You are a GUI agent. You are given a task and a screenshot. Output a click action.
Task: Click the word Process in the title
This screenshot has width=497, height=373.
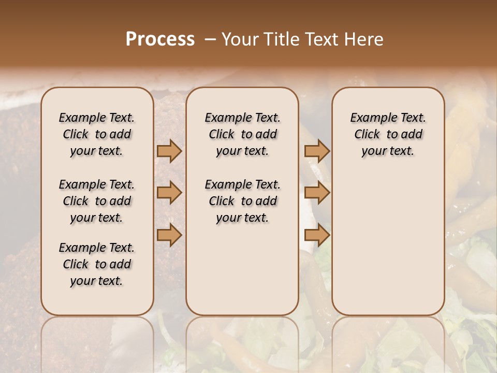pos(160,39)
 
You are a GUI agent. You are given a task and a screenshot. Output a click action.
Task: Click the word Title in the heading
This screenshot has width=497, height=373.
pos(280,39)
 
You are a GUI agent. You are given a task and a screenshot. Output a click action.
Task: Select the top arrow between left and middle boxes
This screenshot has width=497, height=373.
pos(169,151)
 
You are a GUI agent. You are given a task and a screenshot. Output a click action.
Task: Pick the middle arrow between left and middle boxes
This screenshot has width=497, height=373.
pos(169,193)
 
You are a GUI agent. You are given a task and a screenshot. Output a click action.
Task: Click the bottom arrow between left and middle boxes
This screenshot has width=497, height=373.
pos(169,235)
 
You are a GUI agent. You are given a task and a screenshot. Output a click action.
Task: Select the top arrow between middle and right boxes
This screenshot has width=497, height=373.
pos(317,151)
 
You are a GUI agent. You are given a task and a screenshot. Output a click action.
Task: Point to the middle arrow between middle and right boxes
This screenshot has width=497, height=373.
pos(317,193)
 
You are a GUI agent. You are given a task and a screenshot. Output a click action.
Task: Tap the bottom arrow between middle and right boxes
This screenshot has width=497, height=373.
pos(317,235)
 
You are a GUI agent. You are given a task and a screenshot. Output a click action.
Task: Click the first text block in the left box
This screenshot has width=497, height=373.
pos(97,134)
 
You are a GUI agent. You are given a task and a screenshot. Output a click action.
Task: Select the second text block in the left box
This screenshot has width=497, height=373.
pos(97,201)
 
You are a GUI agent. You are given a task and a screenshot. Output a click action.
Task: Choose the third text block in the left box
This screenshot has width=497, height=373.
pos(97,264)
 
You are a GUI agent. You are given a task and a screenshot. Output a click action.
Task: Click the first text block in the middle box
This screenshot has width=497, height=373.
pos(242,134)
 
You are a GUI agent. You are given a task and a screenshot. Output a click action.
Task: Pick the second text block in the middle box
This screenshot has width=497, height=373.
pos(242,201)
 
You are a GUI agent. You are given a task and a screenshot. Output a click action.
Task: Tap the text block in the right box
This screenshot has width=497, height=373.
pos(388,134)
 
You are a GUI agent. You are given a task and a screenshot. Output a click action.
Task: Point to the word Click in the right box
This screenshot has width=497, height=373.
pos(367,135)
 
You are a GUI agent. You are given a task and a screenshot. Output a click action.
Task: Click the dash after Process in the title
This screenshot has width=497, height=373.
pos(210,39)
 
